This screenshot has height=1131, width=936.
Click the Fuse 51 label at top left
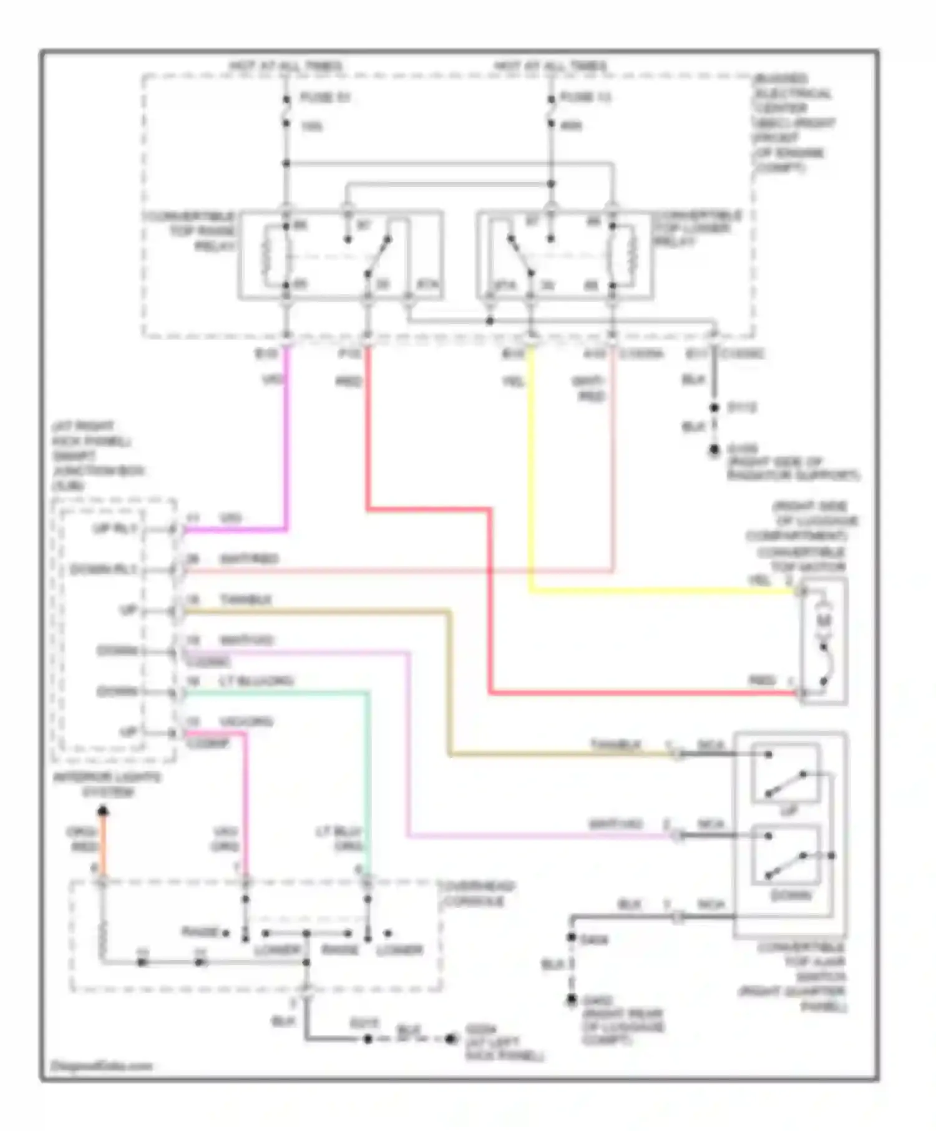click(325, 98)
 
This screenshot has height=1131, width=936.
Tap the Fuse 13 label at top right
click(585, 97)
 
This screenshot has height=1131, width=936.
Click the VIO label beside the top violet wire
click(273, 378)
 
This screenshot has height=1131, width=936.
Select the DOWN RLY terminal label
click(103, 569)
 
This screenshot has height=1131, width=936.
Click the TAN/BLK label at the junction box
click(245, 600)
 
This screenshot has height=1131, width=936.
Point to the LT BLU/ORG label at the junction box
click(256, 681)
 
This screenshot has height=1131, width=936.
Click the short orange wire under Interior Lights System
click(103, 845)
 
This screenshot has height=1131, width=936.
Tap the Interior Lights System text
click(107, 784)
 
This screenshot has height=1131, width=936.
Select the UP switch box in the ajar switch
click(786, 773)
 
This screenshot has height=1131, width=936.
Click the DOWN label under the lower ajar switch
click(791, 895)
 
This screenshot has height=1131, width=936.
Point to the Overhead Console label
click(478, 894)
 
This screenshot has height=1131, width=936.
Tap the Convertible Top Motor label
click(802, 559)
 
